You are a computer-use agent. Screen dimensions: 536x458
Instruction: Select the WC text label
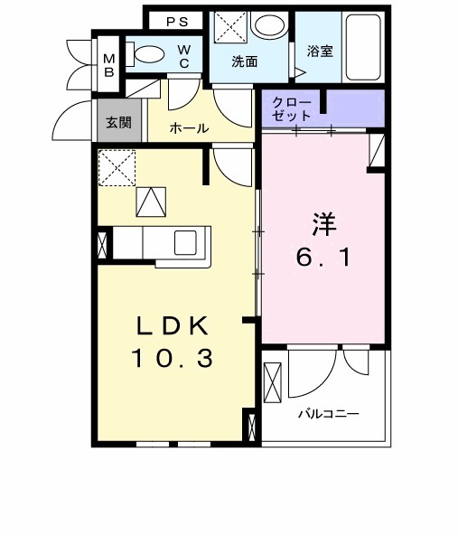pyautogui.click(x=182, y=56)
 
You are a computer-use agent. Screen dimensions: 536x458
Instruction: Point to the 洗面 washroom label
pyautogui.click(x=245, y=62)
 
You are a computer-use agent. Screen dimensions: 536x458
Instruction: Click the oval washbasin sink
pyautogui.click(x=267, y=27)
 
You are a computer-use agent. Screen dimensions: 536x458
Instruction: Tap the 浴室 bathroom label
pyautogui.click(x=320, y=52)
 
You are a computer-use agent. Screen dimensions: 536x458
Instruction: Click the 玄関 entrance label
pyautogui.click(x=118, y=122)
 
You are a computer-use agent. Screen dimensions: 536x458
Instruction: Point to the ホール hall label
pyautogui.click(x=190, y=128)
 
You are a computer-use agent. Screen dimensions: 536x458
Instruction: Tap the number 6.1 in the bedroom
pyautogui.click(x=323, y=256)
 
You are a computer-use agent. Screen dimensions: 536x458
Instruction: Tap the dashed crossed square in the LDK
pyautogui.click(x=117, y=168)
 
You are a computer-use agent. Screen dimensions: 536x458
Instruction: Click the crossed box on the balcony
pyautogui.click(x=273, y=380)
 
